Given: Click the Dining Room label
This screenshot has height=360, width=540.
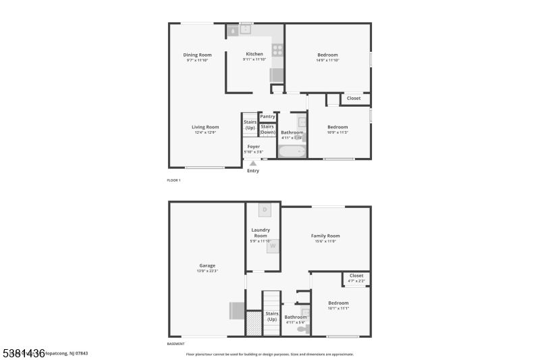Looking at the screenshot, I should coord(198,55).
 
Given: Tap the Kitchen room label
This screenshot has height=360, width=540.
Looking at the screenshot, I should coord(254,54).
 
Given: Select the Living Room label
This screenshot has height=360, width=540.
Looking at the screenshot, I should coord(205,127).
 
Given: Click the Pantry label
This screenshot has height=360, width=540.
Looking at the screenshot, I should coord(268,116).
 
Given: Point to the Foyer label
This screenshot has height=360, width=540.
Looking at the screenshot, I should coord(253,146).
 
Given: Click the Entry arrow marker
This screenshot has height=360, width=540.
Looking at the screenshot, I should coord(253,163).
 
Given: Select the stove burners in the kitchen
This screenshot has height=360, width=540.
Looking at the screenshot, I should coord(277,49).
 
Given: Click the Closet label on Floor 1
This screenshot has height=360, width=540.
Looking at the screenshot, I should coord(354,98).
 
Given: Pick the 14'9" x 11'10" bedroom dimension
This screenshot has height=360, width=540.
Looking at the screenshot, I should coord(328,60).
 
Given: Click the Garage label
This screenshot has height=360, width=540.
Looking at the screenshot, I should coord(207,265).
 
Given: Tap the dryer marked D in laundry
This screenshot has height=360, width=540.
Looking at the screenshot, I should coord(265,209).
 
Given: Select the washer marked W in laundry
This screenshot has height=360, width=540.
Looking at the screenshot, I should coord(273,247).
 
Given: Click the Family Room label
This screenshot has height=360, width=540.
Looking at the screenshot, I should coord(325,236).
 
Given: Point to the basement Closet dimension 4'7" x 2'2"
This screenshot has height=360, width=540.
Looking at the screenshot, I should coord(356,280).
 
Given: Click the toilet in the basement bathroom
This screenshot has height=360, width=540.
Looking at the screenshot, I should coord(301,329).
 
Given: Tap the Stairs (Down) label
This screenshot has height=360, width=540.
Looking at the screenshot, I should coord(268,129).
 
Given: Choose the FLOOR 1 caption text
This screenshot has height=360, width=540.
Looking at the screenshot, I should coord(173,180).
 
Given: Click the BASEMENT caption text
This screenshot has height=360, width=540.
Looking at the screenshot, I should coord(175,344).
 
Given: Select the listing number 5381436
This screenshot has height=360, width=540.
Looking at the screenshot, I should coord(23,353).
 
